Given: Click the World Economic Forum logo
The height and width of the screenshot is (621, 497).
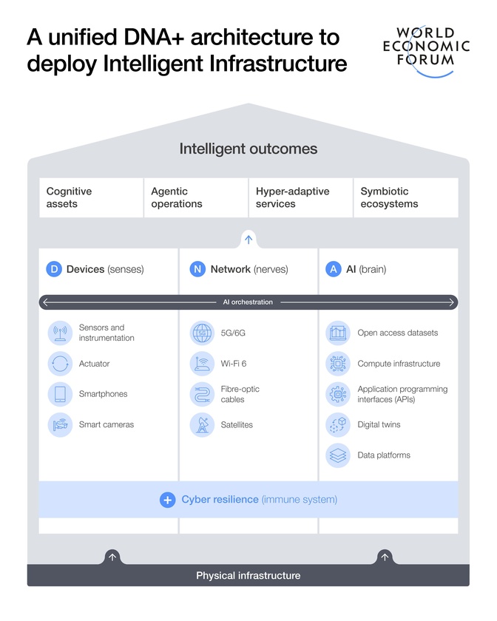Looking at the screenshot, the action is point(426,51).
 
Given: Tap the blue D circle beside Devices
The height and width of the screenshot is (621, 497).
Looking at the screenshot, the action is point(54,269).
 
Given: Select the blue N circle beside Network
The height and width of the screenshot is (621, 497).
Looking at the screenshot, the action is point(197,269).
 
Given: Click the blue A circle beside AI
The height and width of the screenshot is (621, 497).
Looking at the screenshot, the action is point(334,269).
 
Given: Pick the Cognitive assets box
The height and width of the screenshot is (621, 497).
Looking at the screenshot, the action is point(91,197).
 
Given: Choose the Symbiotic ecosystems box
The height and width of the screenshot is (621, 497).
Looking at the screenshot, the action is point(406,197).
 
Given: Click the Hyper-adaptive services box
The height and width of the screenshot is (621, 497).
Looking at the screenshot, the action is point(301,197).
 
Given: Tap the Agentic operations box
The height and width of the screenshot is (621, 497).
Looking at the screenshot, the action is point(196,197).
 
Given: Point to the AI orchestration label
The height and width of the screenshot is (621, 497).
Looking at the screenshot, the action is point(248,302).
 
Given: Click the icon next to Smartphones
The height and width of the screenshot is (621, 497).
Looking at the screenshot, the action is point(60,394).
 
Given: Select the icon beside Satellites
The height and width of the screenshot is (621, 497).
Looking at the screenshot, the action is point(202,425).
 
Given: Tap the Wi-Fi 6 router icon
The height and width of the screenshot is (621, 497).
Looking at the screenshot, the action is point(202,364).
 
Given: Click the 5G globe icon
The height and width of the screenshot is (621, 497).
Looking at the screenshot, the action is point(202,333).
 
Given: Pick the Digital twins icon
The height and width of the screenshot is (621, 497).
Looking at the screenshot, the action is point(338,425).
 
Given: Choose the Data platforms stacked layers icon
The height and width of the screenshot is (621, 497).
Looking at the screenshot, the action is point(338,455).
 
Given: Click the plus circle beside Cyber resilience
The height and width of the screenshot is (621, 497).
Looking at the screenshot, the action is point(168,500).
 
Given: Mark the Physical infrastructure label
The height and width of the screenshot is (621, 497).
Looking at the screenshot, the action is point(248,575).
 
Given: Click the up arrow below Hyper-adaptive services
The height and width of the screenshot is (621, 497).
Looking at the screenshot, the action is point(248,240).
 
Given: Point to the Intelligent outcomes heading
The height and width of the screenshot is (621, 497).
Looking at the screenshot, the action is point(248,149).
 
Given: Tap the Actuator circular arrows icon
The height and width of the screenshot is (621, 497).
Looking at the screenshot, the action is point(60,364).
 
